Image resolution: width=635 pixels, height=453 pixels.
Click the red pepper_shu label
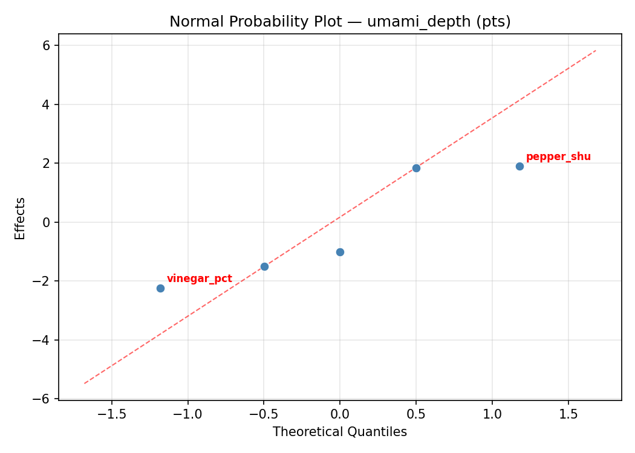pyautogui.click(x=558, y=157)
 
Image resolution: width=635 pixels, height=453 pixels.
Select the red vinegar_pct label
pyautogui.click(x=199, y=279)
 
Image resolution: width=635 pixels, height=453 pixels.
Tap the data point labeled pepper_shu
pyautogui.click(x=519, y=166)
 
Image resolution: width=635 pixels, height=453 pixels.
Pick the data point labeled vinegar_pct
pyautogui.click(x=160, y=288)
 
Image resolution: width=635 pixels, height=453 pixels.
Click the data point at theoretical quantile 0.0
pyautogui.click(x=340, y=252)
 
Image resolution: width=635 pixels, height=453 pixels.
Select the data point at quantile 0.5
pyautogui.click(x=416, y=168)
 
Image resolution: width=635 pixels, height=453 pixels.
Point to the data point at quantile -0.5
pyautogui.click(x=264, y=266)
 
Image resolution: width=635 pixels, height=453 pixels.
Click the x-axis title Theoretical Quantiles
pyautogui.click(x=339, y=432)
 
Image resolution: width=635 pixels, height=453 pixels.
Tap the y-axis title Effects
pyautogui.click(x=21, y=218)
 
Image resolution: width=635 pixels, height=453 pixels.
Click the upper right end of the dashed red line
pyautogui.click(x=596, y=51)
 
